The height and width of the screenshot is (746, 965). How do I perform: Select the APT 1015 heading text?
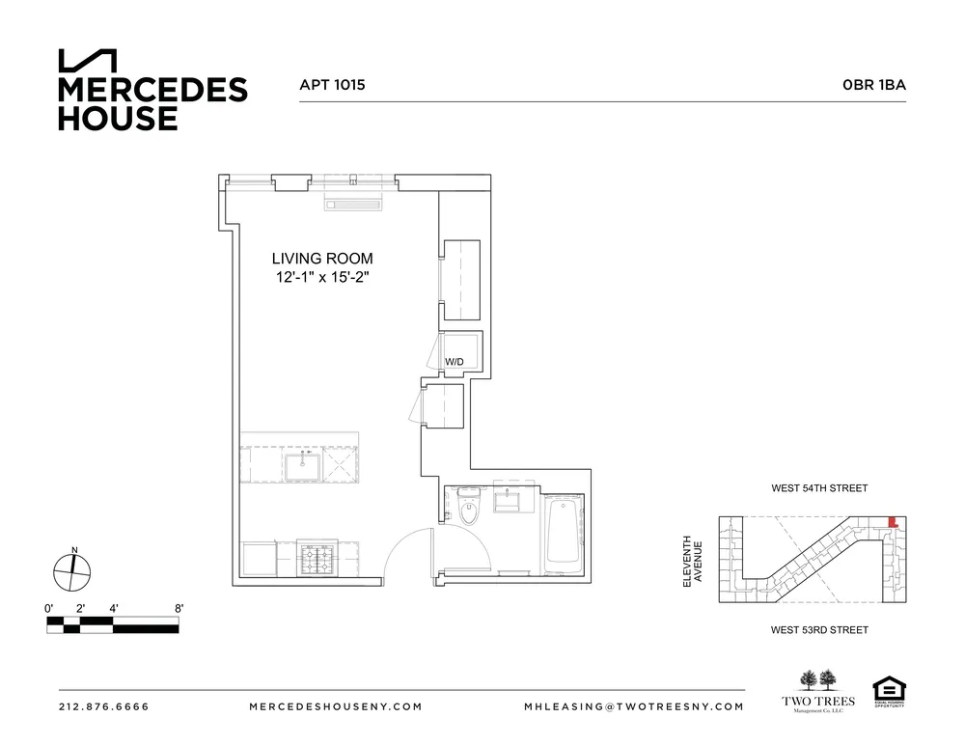click(x=332, y=85)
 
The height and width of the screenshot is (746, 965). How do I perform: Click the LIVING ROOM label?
click(x=321, y=259)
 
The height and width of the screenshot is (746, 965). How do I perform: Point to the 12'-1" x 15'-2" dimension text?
click(x=321, y=278)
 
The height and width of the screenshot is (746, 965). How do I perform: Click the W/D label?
click(x=454, y=362)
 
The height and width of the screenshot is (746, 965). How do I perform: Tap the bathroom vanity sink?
click(x=508, y=501)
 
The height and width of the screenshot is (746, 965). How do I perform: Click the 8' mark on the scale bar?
click(x=179, y=608)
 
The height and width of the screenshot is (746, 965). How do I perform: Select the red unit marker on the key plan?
click(x=893, y=522)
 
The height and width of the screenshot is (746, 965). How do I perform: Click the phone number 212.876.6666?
click(x=104, y=706)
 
